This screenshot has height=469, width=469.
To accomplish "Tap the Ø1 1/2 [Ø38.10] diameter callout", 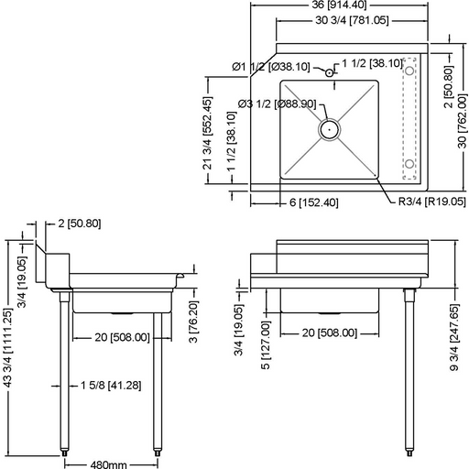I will coord(271,67).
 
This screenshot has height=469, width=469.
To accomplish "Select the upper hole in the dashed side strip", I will coord(410,69).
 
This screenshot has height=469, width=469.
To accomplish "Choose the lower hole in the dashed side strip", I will coord(410,164).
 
